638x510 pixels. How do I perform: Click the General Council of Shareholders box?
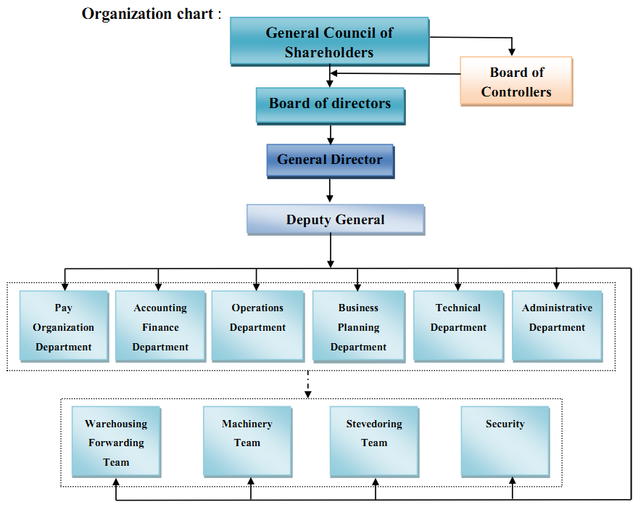(329, 41)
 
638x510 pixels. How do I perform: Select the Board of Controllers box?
(516, 81)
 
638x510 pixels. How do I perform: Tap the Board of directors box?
(330, 104)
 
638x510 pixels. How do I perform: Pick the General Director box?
(330, 160)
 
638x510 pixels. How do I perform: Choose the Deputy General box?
(335, 219)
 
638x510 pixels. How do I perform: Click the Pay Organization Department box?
(64, 326)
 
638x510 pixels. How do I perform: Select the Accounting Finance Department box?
(160, 326)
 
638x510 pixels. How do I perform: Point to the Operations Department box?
(257, 326)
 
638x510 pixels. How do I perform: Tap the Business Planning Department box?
(358, 326)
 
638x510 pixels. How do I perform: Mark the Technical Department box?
(458, 326)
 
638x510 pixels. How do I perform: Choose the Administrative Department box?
(557, 326)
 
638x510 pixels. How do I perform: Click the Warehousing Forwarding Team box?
(116, 441)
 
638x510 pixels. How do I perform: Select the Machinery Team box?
(247, 441)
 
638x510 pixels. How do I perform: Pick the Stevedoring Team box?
(374, 441)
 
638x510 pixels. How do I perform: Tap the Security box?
(505, 441)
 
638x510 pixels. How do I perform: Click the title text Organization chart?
(149, 14)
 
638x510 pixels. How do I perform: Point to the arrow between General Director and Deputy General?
(331, 190)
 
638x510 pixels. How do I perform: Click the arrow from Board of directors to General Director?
(331, 134)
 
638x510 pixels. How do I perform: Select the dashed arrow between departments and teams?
(308, 384)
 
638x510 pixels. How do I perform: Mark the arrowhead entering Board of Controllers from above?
(512, 52)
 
